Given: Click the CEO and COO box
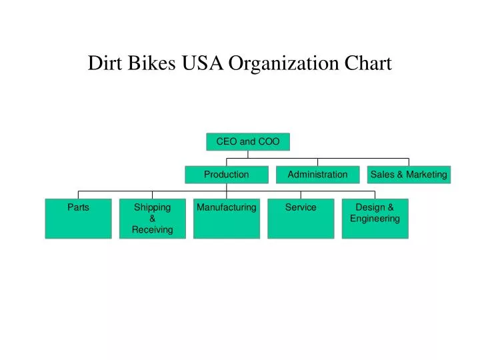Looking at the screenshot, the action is pos(248,142).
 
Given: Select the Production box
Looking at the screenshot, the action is pos(227,175).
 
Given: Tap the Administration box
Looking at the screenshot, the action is pos(318,175).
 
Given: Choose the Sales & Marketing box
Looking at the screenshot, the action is pos(409,175).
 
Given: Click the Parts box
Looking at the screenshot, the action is pos(79,219).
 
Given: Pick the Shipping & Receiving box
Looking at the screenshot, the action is pos(153,219).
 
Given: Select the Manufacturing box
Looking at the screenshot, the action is pos(227,219).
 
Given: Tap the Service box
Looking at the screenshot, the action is pos(301,219).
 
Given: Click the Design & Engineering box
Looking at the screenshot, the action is pos(375,219).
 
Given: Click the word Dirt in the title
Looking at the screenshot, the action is pos(105,63).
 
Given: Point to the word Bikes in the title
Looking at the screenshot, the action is pos(151,63).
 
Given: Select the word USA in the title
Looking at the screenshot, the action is pos(203,63).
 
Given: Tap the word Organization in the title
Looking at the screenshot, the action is pos(284,64).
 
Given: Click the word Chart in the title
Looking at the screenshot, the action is pos(368,63).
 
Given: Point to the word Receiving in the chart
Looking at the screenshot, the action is pos(153,229).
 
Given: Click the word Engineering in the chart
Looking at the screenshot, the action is pos(375,219).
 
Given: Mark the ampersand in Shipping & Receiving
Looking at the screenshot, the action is pos(153,219).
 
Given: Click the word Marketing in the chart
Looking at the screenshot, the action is pos(427,175).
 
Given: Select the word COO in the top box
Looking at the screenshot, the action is pos(269,141).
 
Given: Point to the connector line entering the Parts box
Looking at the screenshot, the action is pos(79,195).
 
